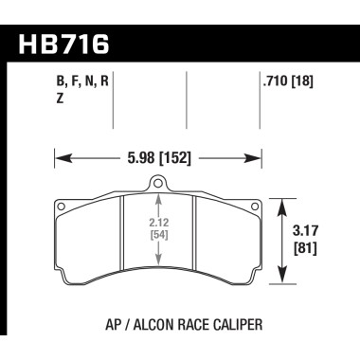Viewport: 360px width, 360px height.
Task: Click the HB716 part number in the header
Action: pos(63,44)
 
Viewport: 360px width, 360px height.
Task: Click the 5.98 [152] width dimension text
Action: pos(157,159)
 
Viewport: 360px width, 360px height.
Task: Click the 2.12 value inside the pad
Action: pos(157,225)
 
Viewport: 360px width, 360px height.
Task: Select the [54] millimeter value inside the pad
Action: pos(157,238)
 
